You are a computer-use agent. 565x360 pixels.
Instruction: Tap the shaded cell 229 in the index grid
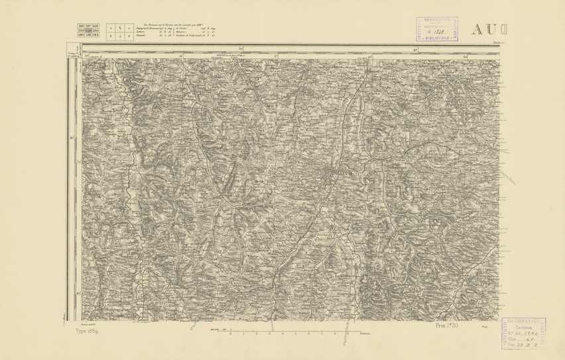[88, 30]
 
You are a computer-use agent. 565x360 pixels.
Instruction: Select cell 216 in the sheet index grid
[82, 25]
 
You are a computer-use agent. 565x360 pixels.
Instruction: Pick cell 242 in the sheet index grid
[95, 34]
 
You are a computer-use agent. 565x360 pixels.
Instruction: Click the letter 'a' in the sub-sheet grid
[111, 28]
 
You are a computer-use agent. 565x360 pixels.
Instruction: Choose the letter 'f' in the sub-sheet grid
[129, 35]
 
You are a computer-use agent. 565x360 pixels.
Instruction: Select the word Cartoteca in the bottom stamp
[525, 326]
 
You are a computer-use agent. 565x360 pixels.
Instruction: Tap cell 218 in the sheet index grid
[95, 25]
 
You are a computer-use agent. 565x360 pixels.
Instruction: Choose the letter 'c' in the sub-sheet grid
[129, 28]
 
